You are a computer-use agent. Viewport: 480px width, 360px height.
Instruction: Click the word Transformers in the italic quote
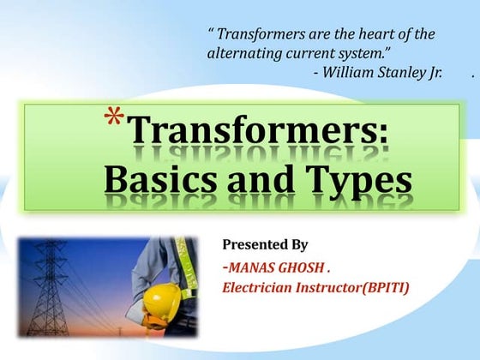coord(260,35)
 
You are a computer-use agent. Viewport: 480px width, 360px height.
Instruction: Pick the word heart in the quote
coord(371,35)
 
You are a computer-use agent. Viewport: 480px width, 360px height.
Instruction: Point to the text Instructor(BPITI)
coord(355,287)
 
